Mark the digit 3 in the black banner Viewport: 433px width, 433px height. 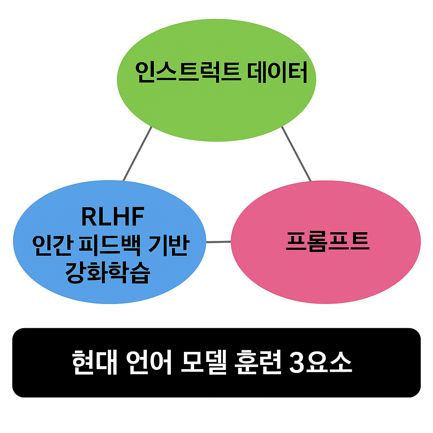tap(298, 363)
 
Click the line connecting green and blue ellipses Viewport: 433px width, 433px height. tap(137, 154)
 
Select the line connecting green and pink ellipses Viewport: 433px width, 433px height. tap(296, 154)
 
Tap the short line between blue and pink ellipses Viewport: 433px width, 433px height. tap(219, 242)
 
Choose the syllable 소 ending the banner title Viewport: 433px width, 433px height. tap(341, 363)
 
